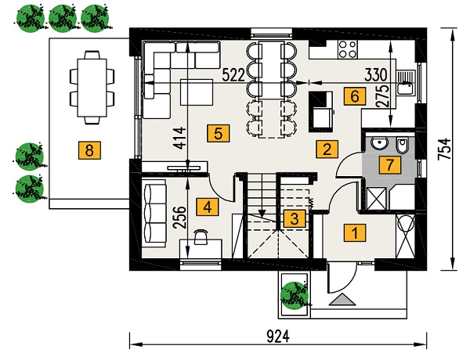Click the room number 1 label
(355, 232)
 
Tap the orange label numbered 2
(327, 149)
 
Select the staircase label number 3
(295, 218)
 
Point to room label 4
(208, 207)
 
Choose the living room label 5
(219, 133)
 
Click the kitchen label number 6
(355, 96)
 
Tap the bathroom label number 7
(389, 164)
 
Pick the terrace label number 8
(89, 149)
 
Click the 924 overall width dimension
(278, 337)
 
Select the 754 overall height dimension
(444, 149)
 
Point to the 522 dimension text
(233, 75)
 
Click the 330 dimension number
(376, 75)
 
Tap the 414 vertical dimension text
(180, 138)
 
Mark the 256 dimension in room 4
(180, 218)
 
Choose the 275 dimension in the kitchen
(382, 95)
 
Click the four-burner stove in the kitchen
(348, 49)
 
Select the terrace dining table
(92, 88)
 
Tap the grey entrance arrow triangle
(342, 300)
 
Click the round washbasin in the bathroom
(379, 143)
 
